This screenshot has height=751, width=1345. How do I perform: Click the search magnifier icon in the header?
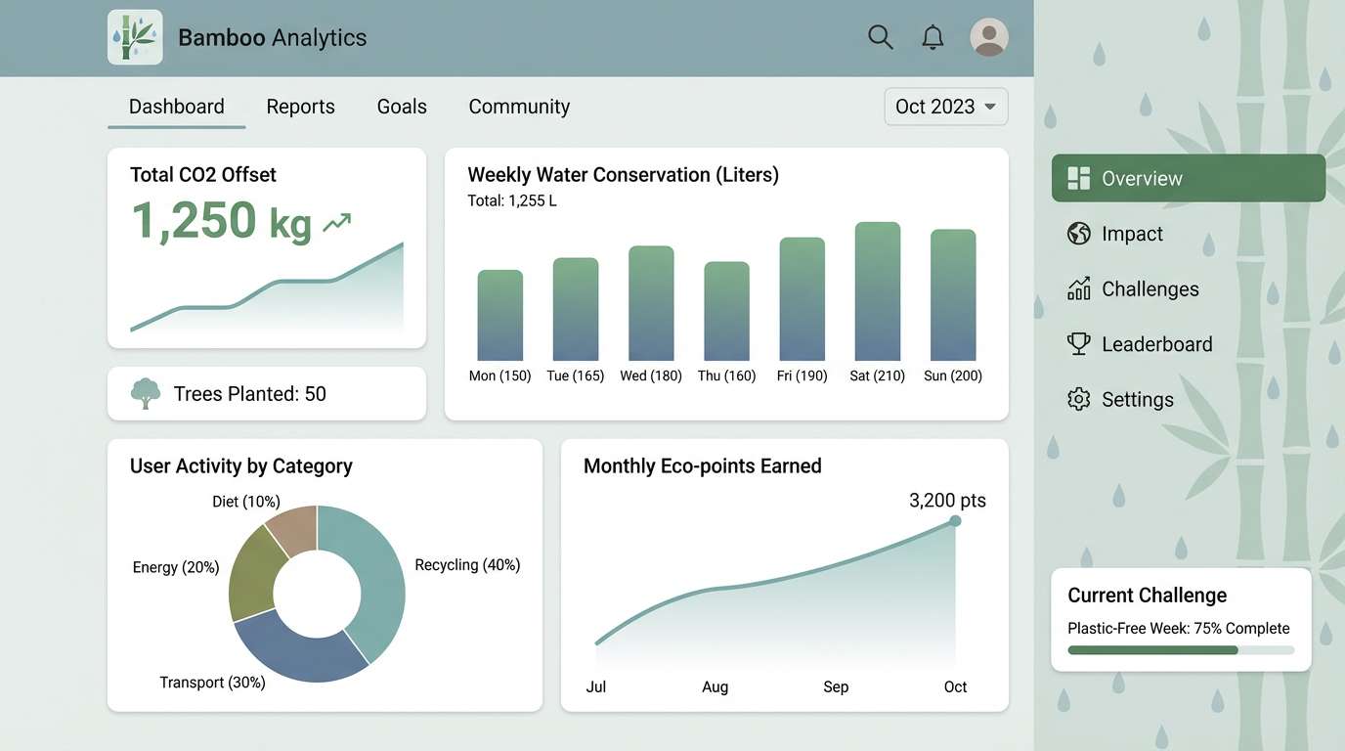(880, 37)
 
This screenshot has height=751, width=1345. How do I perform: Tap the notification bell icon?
(933, 37)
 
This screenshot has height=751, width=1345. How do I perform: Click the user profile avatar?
(988, 37)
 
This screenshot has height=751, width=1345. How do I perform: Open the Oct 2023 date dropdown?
(945, 107)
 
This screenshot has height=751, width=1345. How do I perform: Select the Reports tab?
(300, 107)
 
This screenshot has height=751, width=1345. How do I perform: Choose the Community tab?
(519, 107)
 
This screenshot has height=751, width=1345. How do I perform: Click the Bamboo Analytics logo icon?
(135, 37)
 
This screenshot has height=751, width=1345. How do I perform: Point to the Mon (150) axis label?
(499, 375)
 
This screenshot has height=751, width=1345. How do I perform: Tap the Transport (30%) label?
(212, 683)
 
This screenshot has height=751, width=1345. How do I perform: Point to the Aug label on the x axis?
(715, 686)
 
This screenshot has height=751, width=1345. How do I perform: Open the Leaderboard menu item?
(1156, 344)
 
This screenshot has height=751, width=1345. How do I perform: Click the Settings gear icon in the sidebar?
(1078, 399)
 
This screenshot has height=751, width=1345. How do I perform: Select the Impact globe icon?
(1078, 234)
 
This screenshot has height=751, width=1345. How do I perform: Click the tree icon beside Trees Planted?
(146, 393)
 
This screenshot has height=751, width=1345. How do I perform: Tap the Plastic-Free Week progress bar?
(1180, 650)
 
